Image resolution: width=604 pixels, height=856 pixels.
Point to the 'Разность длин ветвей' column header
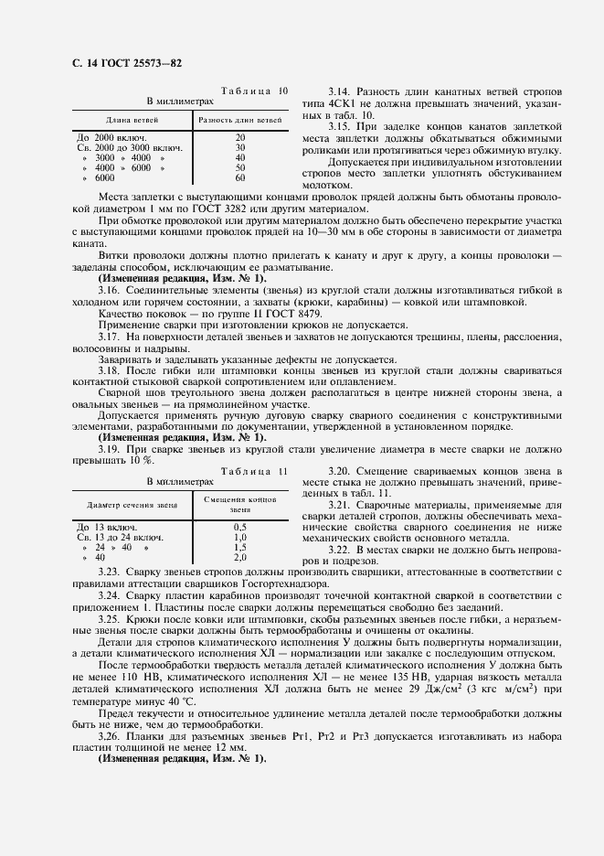coord(239,120)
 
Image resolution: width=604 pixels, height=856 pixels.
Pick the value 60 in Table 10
coord(240,177)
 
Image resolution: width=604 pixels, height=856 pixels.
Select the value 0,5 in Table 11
coord(240,528)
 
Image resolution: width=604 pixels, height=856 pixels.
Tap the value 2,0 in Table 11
coord(240,557)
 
